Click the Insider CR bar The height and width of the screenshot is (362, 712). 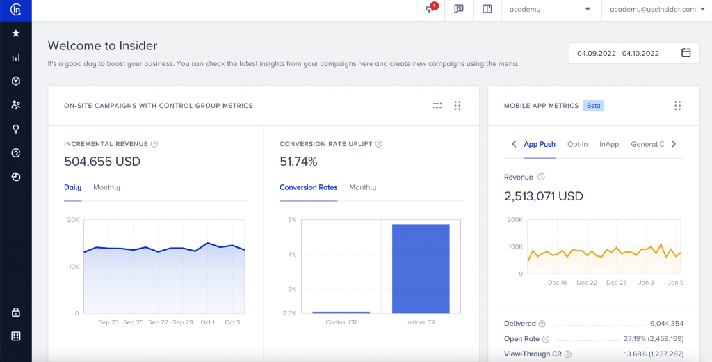coord(421,269)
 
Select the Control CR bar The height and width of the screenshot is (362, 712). coord(341,312)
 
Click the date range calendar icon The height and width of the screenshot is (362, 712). coord(686,53)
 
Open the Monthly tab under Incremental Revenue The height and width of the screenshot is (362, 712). coord(106,187)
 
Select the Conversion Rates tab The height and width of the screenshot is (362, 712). coord(308,187)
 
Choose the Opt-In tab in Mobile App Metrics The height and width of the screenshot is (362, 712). coord(577,144)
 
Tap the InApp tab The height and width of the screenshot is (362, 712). coord(609,144)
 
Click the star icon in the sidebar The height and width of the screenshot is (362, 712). coord(16,33)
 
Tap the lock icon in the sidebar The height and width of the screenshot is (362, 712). coord(16,313)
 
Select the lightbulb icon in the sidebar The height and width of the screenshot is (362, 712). coord(16,129)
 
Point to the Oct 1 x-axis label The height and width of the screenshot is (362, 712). coord(207,322)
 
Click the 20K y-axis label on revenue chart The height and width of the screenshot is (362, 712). coord(72,220)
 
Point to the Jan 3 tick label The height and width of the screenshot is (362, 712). coord(646,283)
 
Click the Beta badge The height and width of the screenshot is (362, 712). coord(594,106)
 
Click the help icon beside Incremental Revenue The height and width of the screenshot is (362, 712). coord(154,144)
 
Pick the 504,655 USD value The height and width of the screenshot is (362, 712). coord(102,162)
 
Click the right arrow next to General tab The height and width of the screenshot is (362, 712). coord(673,144)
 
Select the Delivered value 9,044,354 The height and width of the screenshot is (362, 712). coord(661,324)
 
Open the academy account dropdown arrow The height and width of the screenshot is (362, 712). coord(588,9)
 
